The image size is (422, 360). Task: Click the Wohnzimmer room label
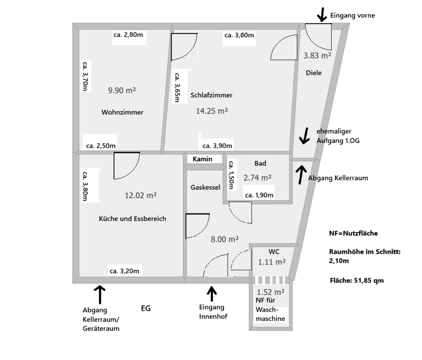coord(122,112)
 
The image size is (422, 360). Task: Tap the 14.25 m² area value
coord(212,111)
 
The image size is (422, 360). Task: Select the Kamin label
coord(203,159)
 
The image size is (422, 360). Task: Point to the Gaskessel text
coord(205,187)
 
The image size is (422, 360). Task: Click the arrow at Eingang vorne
coord(322,15)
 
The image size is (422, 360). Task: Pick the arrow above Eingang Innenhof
coord(212,293)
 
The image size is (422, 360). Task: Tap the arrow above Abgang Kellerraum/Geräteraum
coord(100,294)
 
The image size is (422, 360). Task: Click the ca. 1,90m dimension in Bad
coord(259,195)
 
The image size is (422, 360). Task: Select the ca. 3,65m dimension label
coord(178,88)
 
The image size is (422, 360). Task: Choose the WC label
coord(274,251)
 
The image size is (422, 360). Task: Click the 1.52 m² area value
coord(270,291)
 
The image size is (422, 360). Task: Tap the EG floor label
coord(146,309)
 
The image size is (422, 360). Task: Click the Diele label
coord(313,73)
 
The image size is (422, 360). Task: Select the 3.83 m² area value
coord(317,55)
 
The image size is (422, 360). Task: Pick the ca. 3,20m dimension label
coord(124,271)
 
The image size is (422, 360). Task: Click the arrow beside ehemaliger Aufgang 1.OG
coord(304,136)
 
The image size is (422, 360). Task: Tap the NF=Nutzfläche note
coord(353,233)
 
